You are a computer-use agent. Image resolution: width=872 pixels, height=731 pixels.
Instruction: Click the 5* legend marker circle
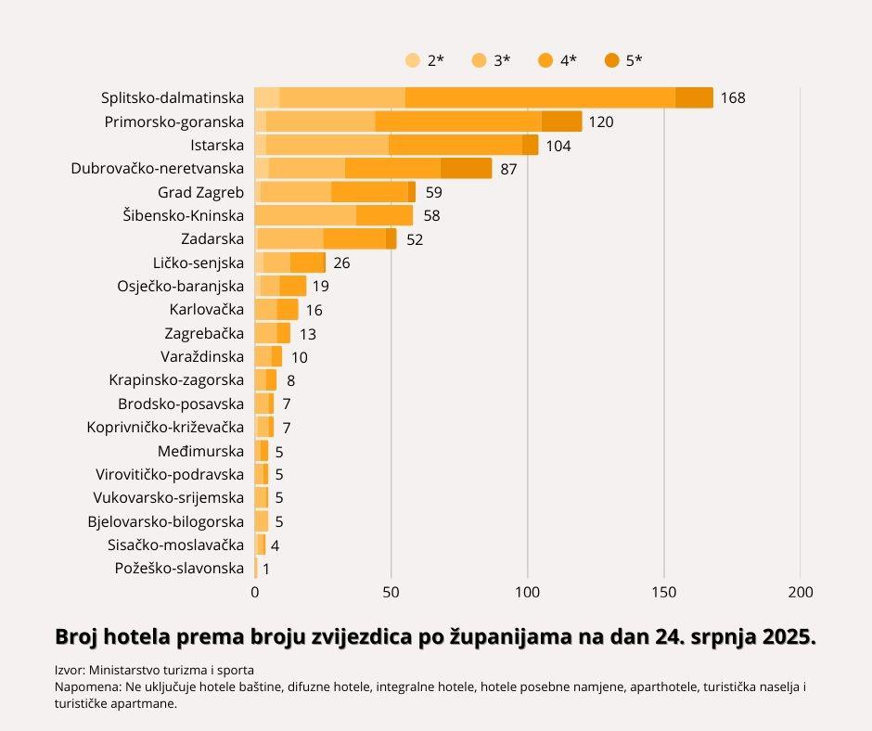pos(612,61)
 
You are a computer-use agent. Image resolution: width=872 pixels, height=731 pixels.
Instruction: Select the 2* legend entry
pos(425,61)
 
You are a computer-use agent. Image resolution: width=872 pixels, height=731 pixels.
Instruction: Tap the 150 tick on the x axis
pos(664,592)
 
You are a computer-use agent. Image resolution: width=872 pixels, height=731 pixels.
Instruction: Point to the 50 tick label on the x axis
pos(391,592)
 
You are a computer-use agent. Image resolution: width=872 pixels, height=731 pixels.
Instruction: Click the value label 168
pos(733,98)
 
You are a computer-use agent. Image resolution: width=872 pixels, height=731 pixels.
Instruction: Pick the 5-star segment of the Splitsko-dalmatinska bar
pos(694,98)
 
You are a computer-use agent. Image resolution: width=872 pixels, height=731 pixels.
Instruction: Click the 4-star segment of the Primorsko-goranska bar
pos(458,122)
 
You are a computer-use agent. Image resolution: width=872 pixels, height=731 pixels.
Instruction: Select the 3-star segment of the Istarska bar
pos(327,145)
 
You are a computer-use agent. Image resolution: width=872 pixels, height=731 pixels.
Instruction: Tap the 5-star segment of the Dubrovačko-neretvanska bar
pos(466,168)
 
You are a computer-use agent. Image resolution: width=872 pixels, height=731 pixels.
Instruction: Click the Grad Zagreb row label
pos(201,192)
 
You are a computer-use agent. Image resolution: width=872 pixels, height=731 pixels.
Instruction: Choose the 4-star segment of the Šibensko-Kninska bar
pos(384,215)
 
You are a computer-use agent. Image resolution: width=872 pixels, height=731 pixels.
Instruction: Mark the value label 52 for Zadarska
pos(415,239)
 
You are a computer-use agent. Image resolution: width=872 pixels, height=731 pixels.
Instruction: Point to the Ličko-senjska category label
pos(199,263)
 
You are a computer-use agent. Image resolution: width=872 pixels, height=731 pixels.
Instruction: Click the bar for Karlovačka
pos(276,310)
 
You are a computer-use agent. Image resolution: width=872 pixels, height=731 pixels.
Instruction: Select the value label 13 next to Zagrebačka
pos(308,334)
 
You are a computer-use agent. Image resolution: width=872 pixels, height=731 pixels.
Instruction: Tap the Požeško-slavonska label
pos(179,569)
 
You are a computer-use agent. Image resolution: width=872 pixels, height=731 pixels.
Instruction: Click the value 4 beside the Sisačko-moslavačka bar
pos(275,545)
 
